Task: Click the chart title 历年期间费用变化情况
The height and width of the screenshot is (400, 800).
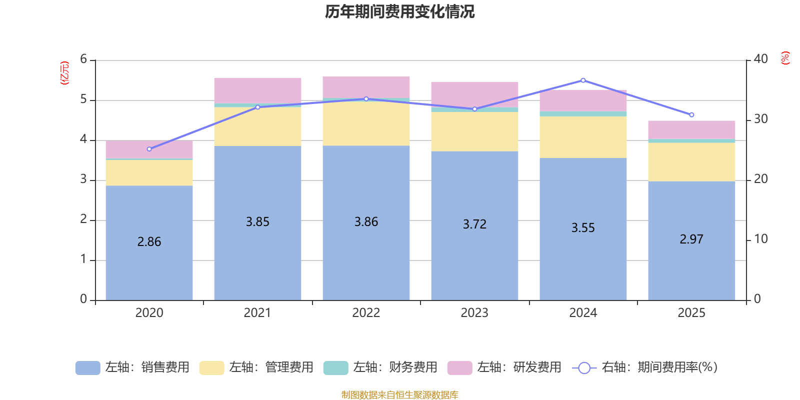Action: (399, 11)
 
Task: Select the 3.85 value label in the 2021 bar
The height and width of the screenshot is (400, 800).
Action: (257, 221)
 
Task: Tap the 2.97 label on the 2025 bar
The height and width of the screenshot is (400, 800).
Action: (691, 239)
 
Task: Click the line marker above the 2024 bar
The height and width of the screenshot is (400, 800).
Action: (583, 80)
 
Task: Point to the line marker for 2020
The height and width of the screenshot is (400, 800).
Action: (149, 149)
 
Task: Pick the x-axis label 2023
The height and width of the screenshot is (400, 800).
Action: (474, 313)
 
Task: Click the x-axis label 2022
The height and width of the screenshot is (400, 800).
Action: (366, 313)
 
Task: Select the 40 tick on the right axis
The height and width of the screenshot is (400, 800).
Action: (760, 59)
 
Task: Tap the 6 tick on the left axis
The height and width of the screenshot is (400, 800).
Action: (83, 59)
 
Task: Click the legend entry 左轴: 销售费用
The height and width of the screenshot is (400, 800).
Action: (132, 367)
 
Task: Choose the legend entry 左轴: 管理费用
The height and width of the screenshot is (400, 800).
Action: (256, 367)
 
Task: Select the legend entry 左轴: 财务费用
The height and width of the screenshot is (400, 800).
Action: (380, 367)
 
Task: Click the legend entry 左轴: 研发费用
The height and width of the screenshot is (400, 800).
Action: (504, 367)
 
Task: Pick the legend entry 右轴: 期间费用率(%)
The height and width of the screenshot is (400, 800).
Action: (645, 367)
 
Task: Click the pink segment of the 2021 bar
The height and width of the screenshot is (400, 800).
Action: (257, 90)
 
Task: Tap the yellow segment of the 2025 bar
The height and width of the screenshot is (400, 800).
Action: (691, 161)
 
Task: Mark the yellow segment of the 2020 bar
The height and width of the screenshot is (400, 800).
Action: (149, 172)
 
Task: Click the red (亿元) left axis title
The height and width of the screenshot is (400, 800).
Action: (64, 73)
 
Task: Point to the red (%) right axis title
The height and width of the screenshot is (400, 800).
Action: (785, 58)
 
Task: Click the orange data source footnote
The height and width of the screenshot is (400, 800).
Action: (399, 395)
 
